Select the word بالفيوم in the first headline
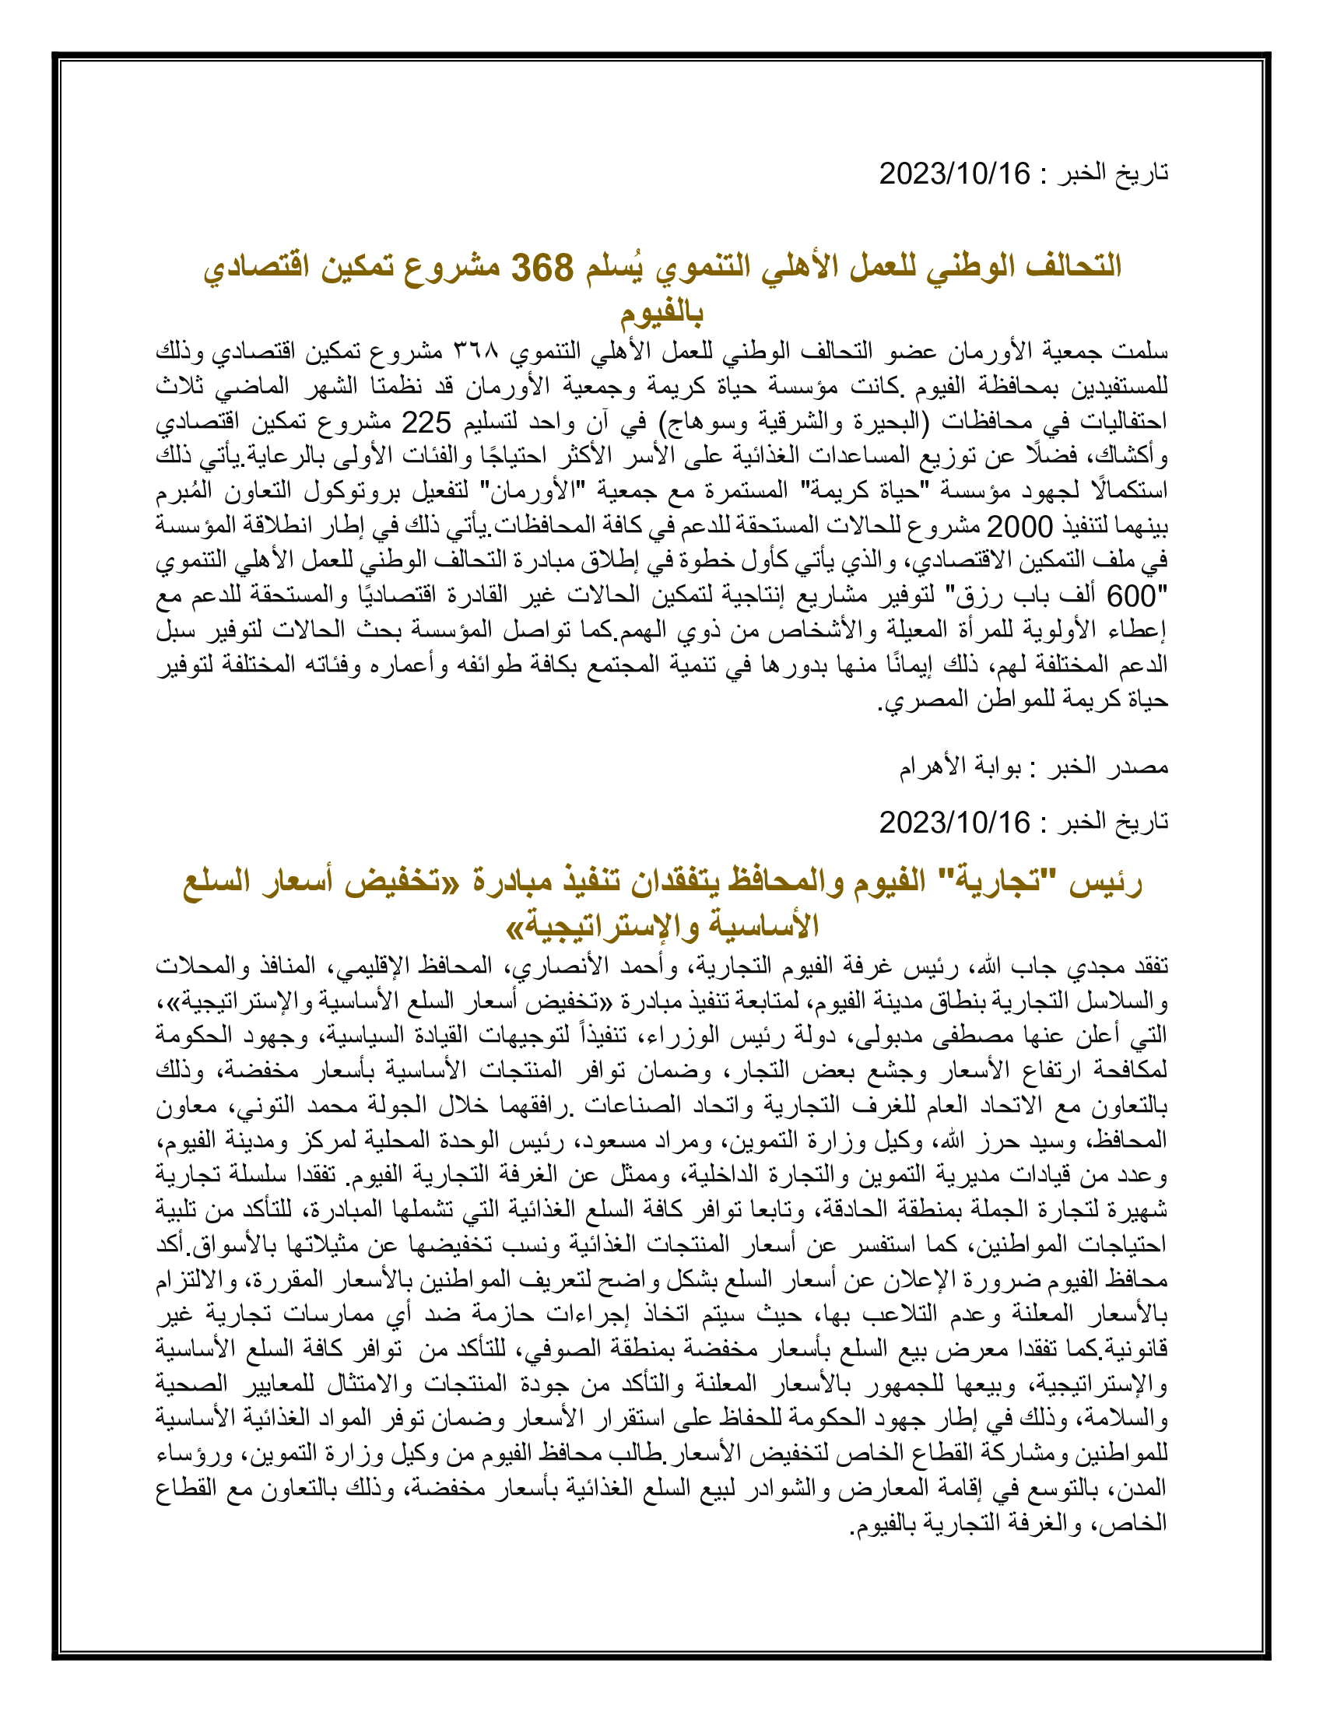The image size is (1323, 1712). coord(662,314)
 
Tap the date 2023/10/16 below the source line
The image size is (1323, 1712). coord(955,823)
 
